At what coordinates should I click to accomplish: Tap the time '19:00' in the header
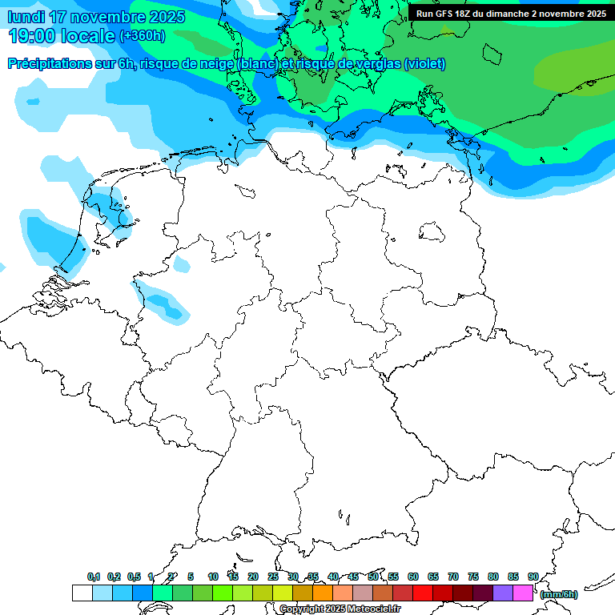click(35, 36)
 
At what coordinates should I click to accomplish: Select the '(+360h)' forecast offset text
click(143, 36)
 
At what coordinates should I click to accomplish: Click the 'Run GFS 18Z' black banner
click(511, 14)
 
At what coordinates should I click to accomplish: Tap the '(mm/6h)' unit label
click(558, 594)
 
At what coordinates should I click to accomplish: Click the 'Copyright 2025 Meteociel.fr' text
click(340, 609)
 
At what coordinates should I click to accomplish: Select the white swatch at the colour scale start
click(82, 593)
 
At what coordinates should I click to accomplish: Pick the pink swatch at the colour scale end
click(523, 593)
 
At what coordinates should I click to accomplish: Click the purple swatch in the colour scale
click(503, 593)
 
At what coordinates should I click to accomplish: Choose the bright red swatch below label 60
click(423, 593)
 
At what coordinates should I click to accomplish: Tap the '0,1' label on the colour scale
click(94, 577)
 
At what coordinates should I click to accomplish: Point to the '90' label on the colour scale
click(533, 577)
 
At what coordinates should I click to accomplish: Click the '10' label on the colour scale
click(212, 577)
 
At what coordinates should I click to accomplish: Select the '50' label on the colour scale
click(373, 577)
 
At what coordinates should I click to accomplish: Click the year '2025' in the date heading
click(164, 17)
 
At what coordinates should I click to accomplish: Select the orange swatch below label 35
click(323, 593)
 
